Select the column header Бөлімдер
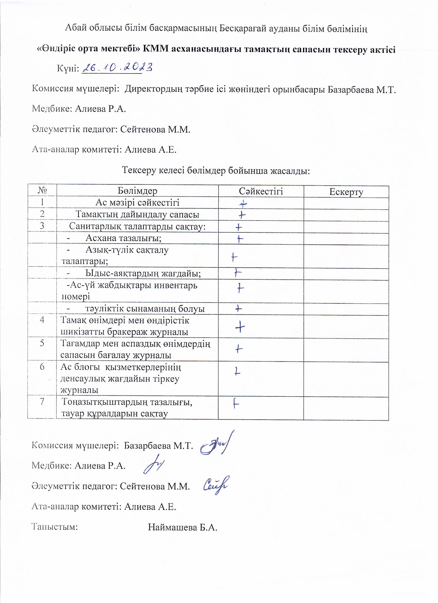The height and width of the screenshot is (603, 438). tap(137, 191)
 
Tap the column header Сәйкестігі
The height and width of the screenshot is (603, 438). tap(260, 191)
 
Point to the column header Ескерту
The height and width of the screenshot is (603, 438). tap(346, 191)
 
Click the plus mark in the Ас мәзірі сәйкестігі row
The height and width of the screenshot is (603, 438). tap(243, 204)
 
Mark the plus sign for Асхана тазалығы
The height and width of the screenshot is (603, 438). tap(240, 239)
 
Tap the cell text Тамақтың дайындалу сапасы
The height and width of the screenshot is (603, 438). tap(137, 215)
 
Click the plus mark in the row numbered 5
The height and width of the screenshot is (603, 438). tap(239, 348)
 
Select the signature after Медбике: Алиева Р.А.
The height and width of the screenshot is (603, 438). tap(154, 466)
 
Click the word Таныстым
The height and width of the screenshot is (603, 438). tap(55, 527)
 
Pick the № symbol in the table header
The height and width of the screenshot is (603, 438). tap(42, 190)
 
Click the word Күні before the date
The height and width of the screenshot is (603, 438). tap(68, 69)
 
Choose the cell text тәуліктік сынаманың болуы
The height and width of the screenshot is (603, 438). tap(145, 309)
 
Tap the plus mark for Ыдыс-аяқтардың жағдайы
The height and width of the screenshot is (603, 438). tap(238, 273)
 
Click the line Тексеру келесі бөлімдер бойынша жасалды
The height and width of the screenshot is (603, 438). tap(216, 170)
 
